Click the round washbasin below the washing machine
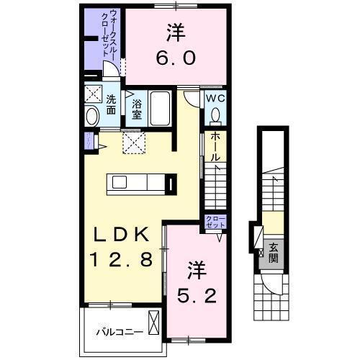pos(93,117)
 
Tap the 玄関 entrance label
pos(274,253)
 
